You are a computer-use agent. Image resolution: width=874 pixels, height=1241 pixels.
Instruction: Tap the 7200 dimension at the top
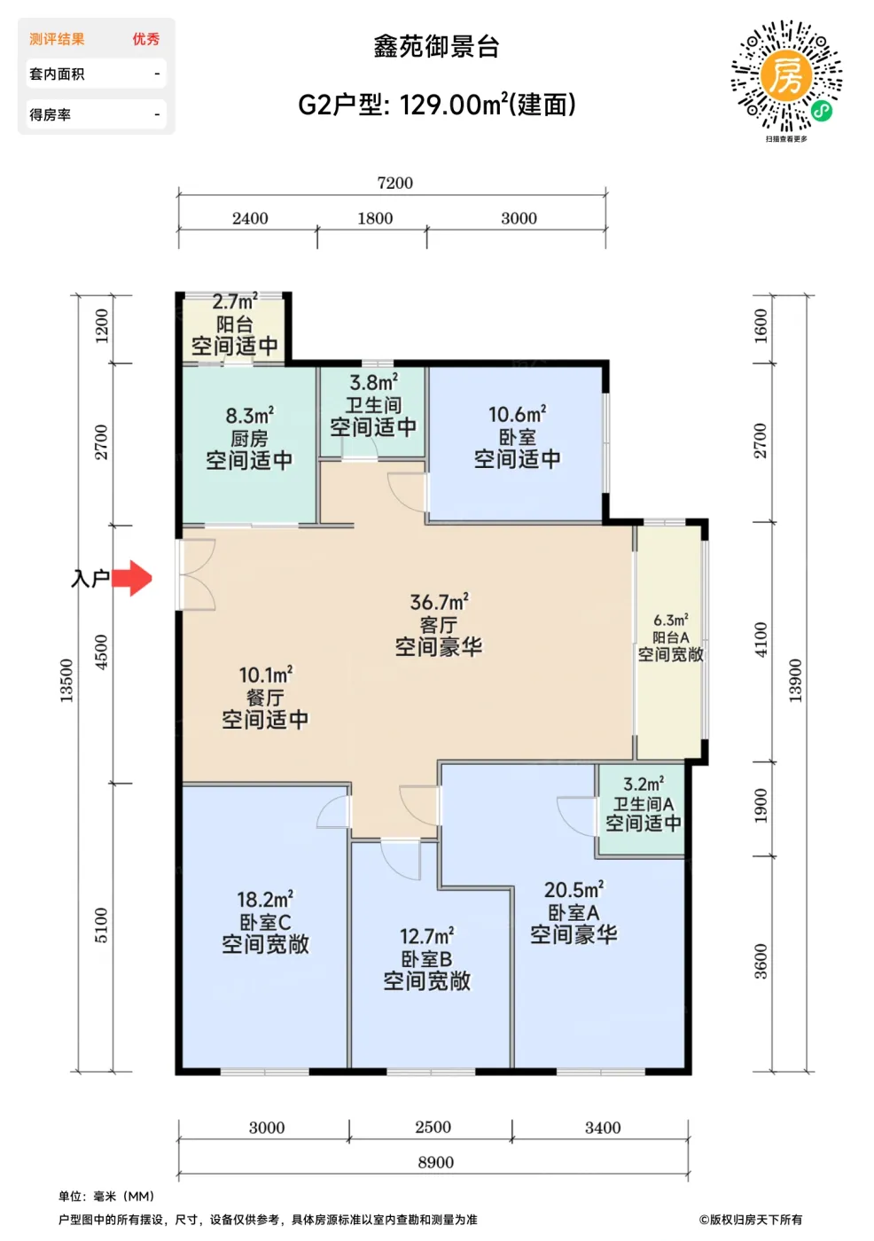click(394, 183)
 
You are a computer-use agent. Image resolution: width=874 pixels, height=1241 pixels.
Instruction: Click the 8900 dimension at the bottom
click(435, 1162)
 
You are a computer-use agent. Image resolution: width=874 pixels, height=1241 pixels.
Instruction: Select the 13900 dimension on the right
click(795, 680)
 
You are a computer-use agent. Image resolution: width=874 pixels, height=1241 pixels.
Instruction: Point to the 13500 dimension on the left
click(66, 680)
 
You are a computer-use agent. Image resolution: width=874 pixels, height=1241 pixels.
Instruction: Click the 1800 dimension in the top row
click(375, 218)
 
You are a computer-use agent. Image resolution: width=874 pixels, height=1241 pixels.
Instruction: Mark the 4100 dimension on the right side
click(761, 639)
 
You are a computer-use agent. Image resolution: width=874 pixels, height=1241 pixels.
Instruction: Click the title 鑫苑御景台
click(436, 47)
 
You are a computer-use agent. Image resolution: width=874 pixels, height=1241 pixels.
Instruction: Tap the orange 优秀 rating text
click(146, 39)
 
